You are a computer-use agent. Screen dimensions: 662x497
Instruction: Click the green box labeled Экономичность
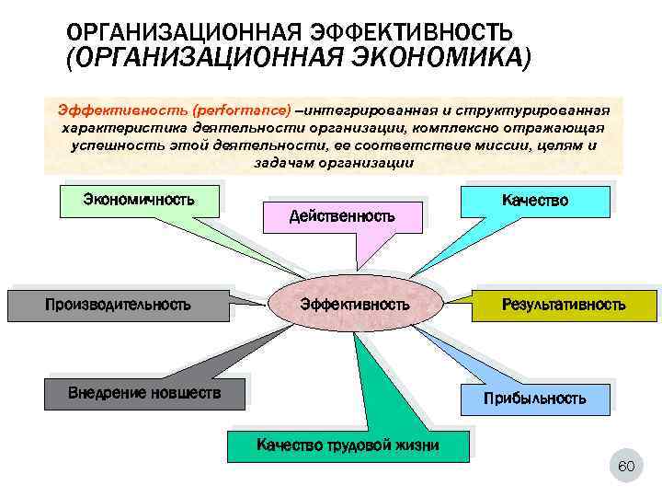point(138,199)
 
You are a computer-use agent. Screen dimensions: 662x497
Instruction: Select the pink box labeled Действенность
point(342,216)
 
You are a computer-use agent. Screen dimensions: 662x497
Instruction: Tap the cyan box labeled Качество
point(534,200)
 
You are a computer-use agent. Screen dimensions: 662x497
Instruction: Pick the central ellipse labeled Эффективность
point(355,304)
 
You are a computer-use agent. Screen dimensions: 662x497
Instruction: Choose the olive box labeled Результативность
point(564,304)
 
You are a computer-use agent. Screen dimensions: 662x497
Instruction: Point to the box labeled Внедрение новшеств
point(144,393)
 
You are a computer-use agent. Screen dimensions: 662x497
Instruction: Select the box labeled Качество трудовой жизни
point(348,445)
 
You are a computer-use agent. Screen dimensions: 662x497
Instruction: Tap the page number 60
point(626,468)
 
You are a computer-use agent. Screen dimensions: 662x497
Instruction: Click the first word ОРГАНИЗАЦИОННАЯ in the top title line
point(174,34)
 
